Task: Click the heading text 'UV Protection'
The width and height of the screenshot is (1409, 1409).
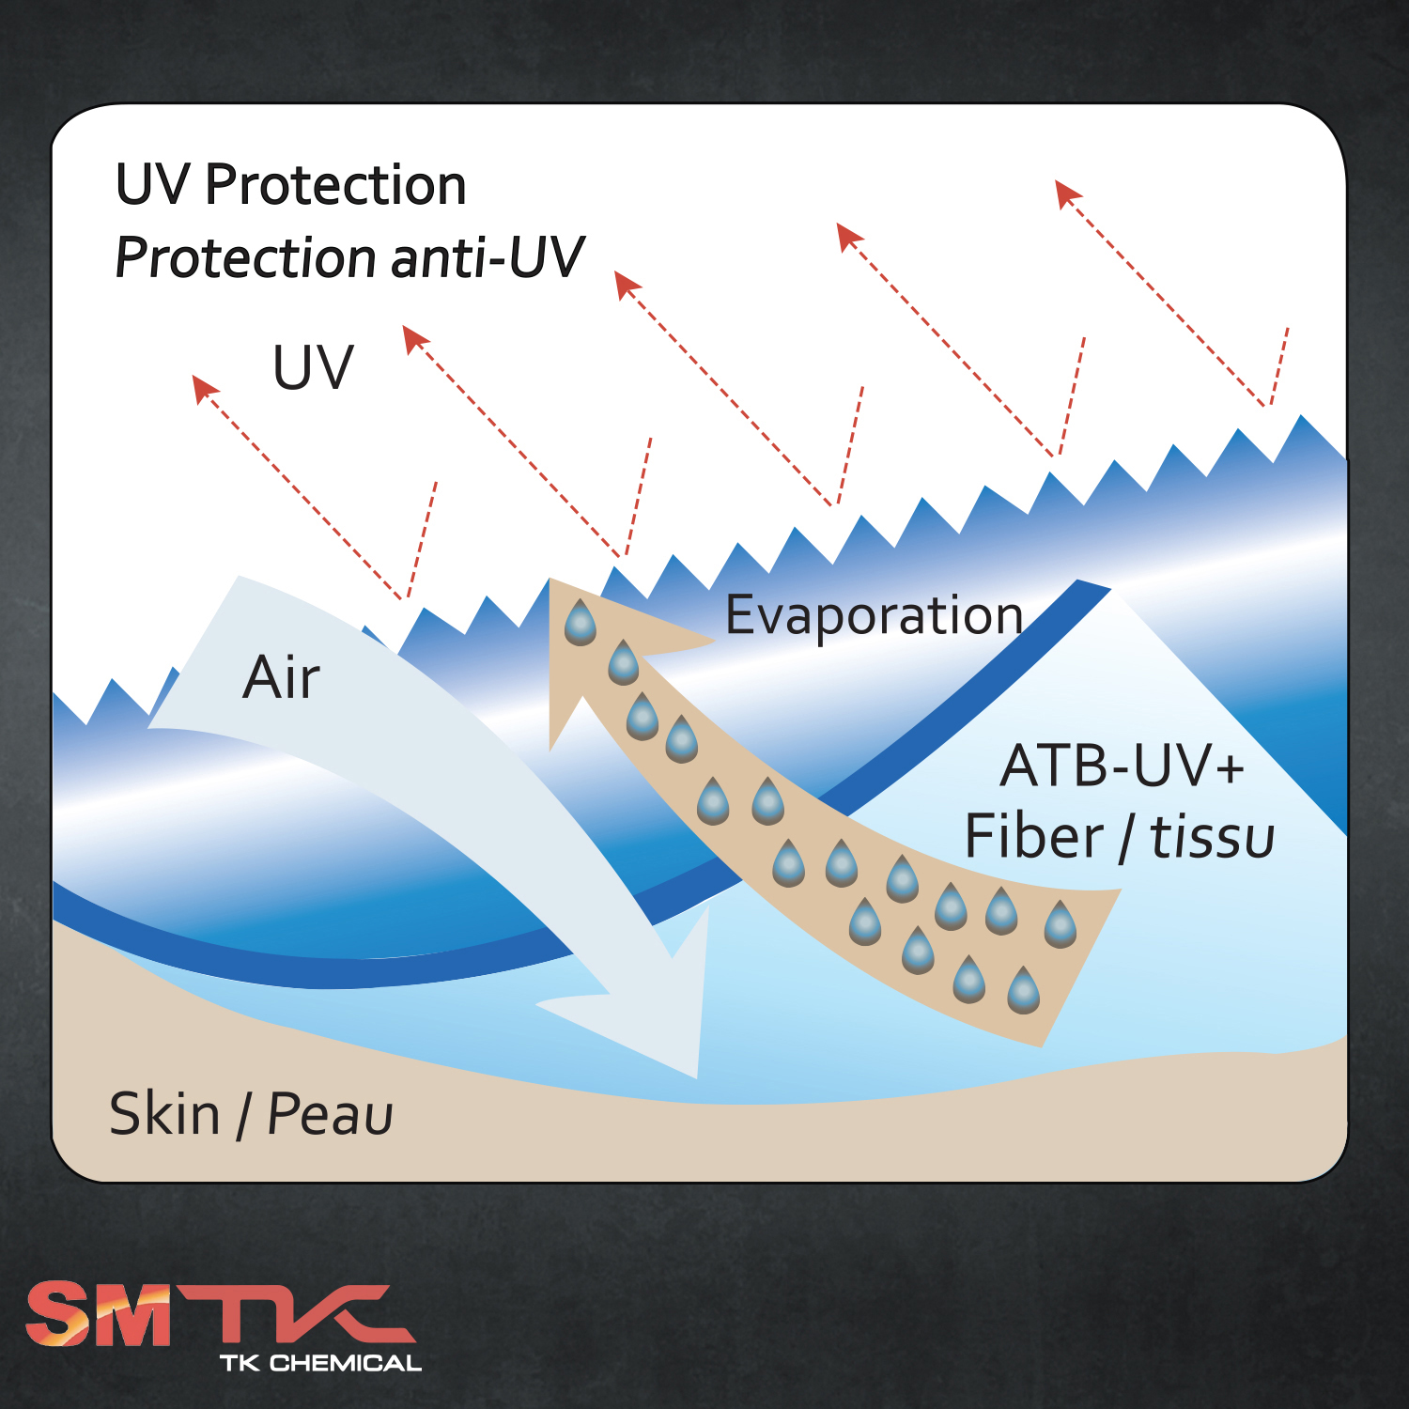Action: pyautogui.click(x=291, y=184)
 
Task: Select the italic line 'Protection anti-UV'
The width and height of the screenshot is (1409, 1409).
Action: pyautogui.click(x=349, y=257)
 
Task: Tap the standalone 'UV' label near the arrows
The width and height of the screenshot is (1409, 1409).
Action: pyautogui.click(x=313, y=366)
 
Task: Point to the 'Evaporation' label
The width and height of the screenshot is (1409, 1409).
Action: pyautogui.click(x=875, y=616)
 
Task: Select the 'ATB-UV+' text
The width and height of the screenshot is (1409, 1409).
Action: pyautogui.click(x=1123, y=766)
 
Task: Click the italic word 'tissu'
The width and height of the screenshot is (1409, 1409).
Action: pyautogui.click(x=1213, y=836)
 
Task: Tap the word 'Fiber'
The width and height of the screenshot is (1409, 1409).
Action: pyautogui.click(x=1034, y=836)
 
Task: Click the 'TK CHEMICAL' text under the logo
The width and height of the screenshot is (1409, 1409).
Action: pyautogui.click(x=320, y=1363)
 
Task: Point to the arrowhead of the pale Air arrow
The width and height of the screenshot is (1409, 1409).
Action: pyautogui.click(x=696, y=1076)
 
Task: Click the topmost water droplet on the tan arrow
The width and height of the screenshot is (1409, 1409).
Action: pyautogui.click(x=581, y=622)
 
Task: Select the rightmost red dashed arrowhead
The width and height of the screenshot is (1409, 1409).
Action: pyautogui.click(x=1068, y=194)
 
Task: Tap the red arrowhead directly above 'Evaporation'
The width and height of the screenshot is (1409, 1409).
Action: pyautogui.click(x=850, y=237)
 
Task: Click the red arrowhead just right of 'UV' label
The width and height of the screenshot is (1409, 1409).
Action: pyautogui.click(x=415, y=339)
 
